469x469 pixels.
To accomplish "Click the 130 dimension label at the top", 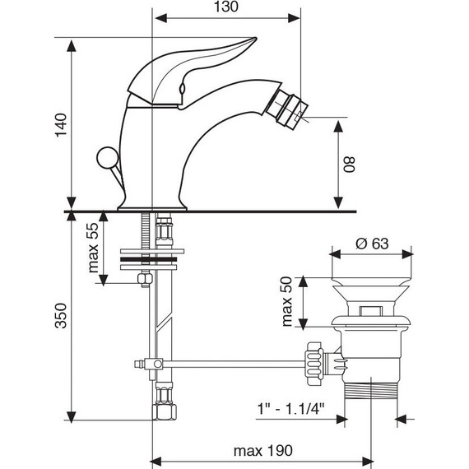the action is pyautogui.click(x=226, y=7).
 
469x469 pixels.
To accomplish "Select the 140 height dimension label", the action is pyautogui.click(x=61, y=125).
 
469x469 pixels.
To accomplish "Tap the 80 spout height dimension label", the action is pyautogui.click(x=349, y=165).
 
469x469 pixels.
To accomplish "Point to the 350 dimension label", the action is pyautogui.click(x=61, y=316).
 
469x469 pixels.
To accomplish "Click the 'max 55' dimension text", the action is pyautogui.click(x=93, y=248).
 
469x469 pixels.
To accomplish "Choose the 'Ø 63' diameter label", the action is pyautogui.click(x=372, y=244).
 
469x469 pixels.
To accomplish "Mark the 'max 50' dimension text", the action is pyautogui.click(x=286, y=301).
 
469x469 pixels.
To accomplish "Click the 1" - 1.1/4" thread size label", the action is pyautogui.click(x=291, y=409).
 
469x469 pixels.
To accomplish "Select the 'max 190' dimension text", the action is pyautogui.click(x=263, y=450).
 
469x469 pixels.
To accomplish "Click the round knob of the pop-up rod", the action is pyautogui.click(x=108, y=158).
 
